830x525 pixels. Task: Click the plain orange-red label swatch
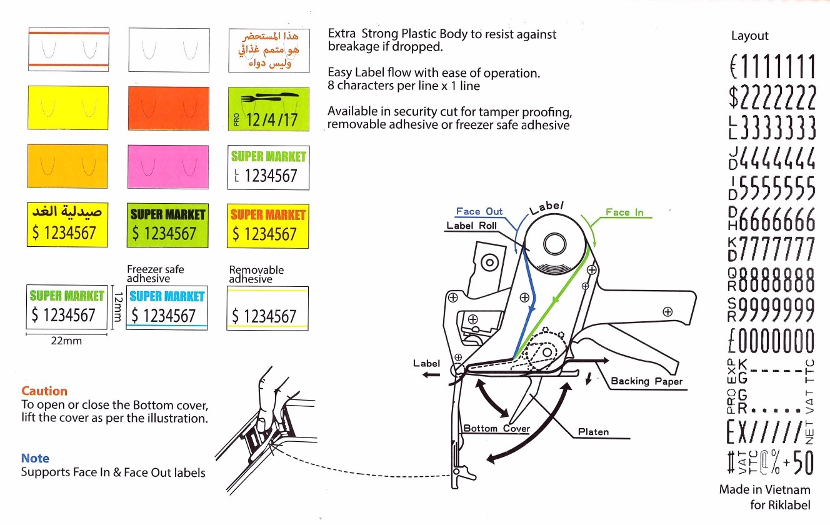click(x=169, y=109)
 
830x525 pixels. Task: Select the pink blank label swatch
click(x=168, y=167)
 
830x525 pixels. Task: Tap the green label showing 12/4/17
click(x=269, y=109)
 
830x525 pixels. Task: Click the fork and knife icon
click(x=269, y=97)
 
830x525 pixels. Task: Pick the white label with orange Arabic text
click(x=269, y=51)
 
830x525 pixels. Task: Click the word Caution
click(x=44, y=391)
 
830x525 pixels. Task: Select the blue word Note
click(x=35, y=458)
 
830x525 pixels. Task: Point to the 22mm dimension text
click(x=66, y=341)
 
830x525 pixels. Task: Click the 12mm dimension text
click(x=118, y=307)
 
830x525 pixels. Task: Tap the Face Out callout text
click(x=479, y=211)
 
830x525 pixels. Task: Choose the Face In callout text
click(x=624, y=212)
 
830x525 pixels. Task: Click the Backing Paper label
click(x=647, y=381)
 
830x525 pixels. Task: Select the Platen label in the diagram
click(x=593, y=432)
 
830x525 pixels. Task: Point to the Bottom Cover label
click(x=496, y=428)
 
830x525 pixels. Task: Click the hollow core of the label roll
click(x=555, y=244)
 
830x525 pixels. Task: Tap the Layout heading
click(x=749, y=36)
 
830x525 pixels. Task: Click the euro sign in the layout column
click(x=734, y=66)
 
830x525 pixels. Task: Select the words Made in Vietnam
click(x=764, y=489)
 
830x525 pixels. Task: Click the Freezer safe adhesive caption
click(x=155, y=274)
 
